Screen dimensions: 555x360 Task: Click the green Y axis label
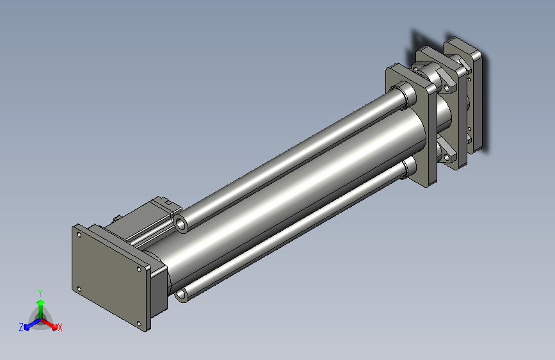(x=40, y=293)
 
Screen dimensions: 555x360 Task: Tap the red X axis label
(x=60, y=327)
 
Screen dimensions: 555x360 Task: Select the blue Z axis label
(x=21, y=327)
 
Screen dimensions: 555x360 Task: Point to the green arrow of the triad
(x=41, y=307)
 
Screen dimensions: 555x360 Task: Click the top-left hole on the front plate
(x=79, y=234)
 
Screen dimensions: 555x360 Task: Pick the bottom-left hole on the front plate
(x=79, y=290)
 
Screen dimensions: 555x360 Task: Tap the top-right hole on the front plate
(x=139, y=269)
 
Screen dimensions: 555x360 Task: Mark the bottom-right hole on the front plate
(x=139, y=324)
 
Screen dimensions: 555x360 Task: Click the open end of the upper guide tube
(x=181, y=224)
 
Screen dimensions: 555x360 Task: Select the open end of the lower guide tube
(x=181, y=294)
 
